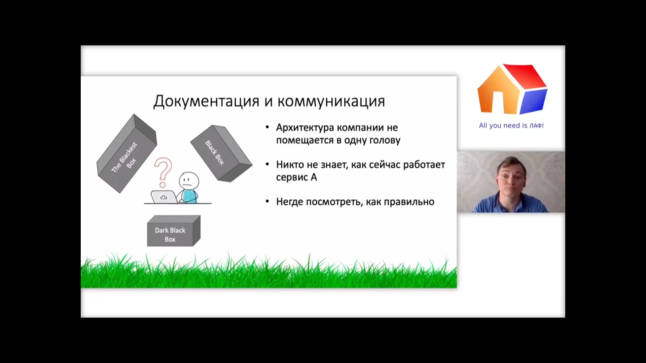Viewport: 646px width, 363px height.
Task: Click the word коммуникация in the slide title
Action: (x=331, y=102)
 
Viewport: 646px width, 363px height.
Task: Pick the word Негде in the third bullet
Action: (x=290, y=202)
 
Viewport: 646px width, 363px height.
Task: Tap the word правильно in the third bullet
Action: (x=409, y=202)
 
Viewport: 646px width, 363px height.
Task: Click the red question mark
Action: (x=163, y=172)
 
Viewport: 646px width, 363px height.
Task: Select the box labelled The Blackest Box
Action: (x=127, y=154)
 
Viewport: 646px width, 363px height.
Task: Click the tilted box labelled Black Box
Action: (x=221, y=154)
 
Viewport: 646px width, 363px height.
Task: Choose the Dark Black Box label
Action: (x=170, y=235)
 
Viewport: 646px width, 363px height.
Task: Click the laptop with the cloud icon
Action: (x=164, y=197)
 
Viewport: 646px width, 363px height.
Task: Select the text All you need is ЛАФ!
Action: (x=511, y=125)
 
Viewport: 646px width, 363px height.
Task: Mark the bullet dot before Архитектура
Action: (x=267, y=127)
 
